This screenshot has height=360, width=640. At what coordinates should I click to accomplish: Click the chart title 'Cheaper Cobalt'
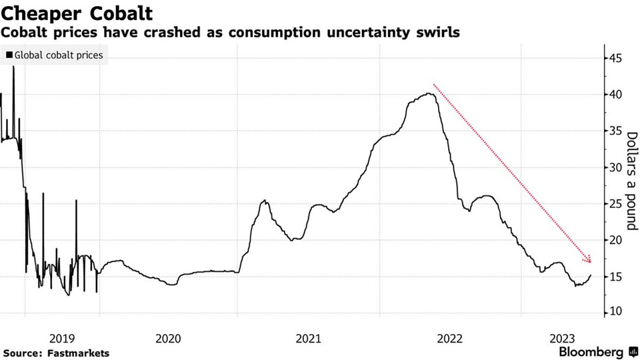click(x=77, y=13)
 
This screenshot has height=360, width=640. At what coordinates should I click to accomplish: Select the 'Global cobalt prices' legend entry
click(x=55, y=55)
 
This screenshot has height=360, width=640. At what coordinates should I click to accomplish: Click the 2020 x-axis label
click(x=168, y=337)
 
